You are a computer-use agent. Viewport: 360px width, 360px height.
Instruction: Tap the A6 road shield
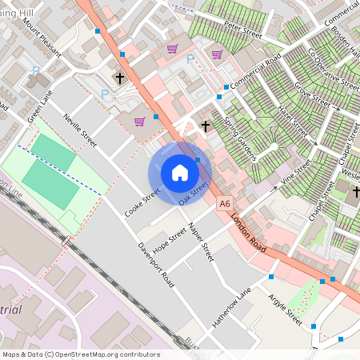pyautogui.click(x=226, y=205)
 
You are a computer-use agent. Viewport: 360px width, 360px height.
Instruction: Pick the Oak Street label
pyautogui.click(x=194, y=192)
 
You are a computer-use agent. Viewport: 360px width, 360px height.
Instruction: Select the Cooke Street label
pyautogui.click(x=142, y=202)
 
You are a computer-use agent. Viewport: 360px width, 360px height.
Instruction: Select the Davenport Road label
pyautogui.click(x=156, y=266)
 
